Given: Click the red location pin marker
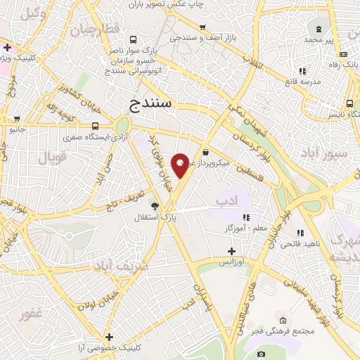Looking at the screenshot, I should pos(180,165).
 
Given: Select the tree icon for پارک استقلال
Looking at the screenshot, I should pos(155,206).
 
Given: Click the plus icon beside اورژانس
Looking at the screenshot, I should pos(231,251).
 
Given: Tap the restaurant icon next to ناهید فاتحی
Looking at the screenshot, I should pos(300,233).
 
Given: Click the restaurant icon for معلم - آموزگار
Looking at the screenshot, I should pos(246,217).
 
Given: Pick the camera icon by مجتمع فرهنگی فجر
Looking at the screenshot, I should pos(262,354).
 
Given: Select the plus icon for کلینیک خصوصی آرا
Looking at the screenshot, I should pos(108,337).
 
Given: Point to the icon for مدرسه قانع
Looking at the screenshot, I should pos(302,71).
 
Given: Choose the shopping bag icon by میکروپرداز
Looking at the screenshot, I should pos(205,152).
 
